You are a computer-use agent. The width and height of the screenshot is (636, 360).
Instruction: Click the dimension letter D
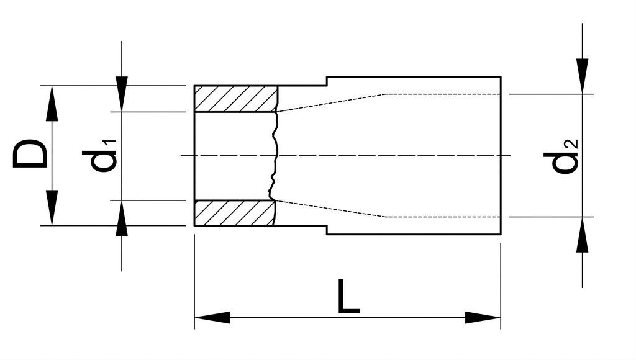29,154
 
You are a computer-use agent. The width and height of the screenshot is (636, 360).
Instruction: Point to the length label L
348,296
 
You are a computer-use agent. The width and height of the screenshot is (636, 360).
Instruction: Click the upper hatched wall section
235,99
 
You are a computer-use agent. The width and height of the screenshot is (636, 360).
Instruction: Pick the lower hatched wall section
235,213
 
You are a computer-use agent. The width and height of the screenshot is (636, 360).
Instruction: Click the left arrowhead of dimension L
212,317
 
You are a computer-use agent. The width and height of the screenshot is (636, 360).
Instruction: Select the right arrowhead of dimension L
483,317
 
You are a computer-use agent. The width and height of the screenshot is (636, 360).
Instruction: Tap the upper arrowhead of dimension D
52,104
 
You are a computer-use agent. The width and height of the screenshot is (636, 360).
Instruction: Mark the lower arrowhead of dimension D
52,207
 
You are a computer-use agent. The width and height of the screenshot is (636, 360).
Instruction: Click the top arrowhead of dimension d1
122,94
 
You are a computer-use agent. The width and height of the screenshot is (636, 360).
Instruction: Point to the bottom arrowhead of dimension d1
122,218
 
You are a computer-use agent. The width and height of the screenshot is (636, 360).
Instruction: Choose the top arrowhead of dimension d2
583,76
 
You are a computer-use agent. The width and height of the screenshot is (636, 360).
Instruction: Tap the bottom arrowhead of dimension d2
583,235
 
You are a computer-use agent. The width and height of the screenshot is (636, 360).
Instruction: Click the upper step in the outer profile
327,81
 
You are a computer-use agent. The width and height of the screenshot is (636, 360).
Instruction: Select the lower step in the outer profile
327,230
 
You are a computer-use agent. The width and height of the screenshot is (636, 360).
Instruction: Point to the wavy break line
275,156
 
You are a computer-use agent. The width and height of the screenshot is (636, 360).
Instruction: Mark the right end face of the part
501,155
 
